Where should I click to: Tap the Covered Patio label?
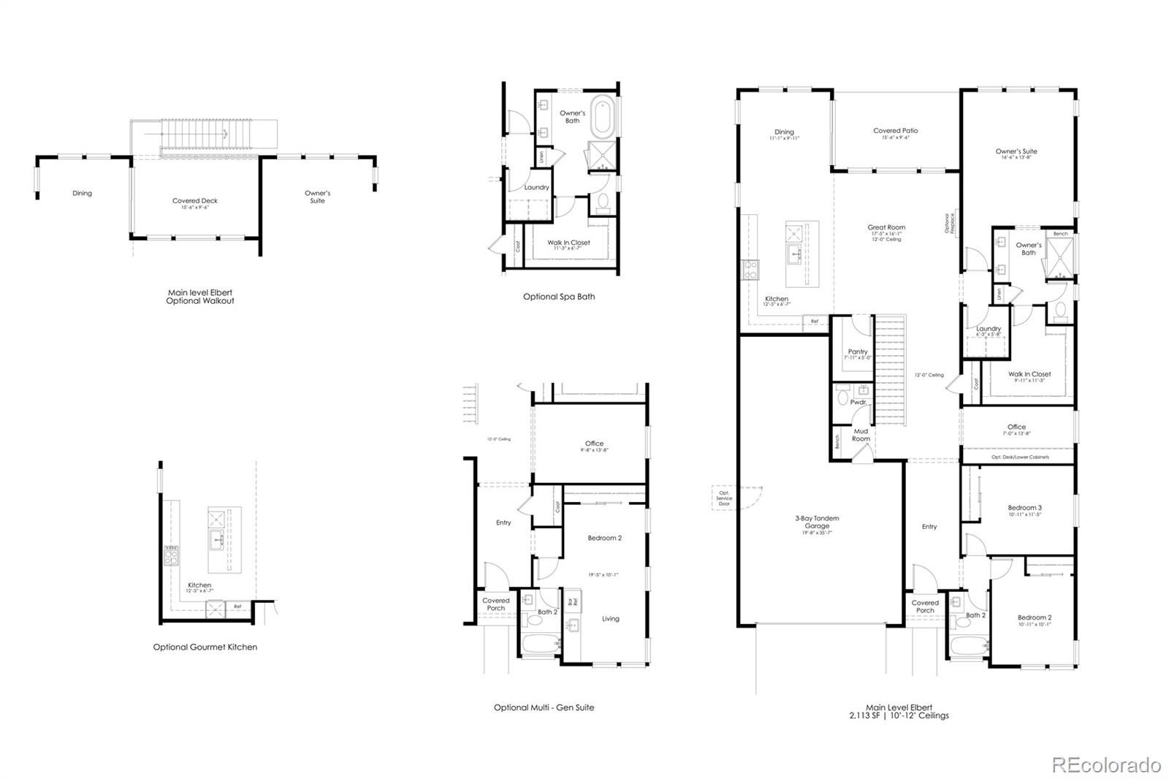point(895,131)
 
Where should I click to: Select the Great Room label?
point(886,227)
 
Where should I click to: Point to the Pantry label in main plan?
point(858,352)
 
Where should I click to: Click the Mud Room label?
point(861,435)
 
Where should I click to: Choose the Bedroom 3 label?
point(1024,508)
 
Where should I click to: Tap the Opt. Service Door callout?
point(723,498)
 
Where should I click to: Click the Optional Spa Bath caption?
point(558,297)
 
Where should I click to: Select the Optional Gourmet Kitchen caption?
point(205,647)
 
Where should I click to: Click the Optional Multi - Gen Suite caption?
point(544,707)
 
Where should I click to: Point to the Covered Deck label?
point(194,201)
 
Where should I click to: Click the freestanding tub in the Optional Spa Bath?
point(604,116)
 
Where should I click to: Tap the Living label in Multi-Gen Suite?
point(610,619)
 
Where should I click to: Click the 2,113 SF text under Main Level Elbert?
point(864,716)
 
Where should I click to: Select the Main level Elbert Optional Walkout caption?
point(199,296)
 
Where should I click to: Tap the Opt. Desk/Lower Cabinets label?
point(1020,457)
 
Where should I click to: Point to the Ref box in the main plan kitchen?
point(814,321)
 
